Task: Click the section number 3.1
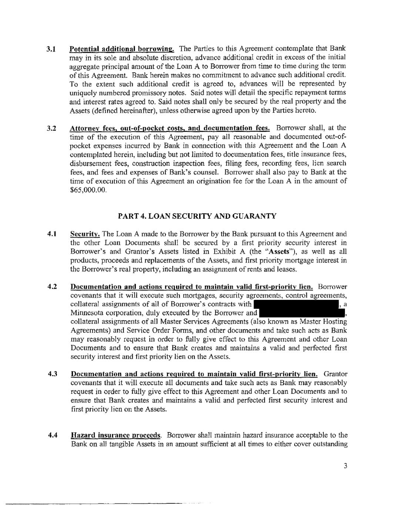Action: pyautogui.click(x=51, y=49)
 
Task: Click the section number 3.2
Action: pyautogui.click(x=51, y=129)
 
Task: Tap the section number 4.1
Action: pyautogui.click(x=52, y=234)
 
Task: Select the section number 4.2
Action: pyautogui.click(x=52, y=287)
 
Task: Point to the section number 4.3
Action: pyautogui.click(x=52, y=374)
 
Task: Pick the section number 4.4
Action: pyautogui.click(x=52, y=435)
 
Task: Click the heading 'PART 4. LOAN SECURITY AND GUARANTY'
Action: pyautogui.click(x=196, y=216)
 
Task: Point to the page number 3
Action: pyautogui.click(x=345, y=466)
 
